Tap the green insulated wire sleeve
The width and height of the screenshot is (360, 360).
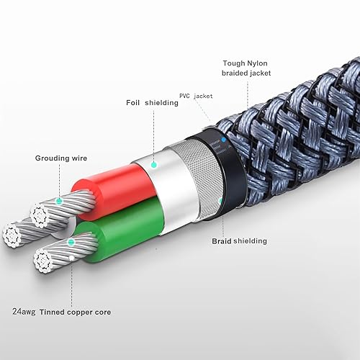coord(119,233)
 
